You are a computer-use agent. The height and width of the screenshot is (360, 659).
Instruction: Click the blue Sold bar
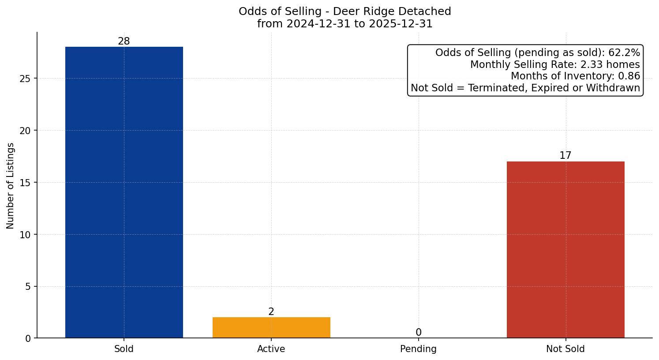[x=124, y=192]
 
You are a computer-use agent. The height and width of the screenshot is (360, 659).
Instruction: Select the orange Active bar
[x=271, y=327]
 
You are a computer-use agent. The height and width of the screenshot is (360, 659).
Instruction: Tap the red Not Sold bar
[x=565, y=249]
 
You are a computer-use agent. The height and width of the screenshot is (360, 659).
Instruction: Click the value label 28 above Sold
[x=124, y=41]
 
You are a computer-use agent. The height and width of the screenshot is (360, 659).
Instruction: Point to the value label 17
[x=565, y=156]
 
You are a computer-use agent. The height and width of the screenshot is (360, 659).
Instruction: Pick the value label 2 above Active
[x=271, y=312]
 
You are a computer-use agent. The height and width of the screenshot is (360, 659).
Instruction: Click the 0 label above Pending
[x=419, y=333]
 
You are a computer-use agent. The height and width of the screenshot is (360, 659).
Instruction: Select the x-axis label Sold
[x=124, y=349]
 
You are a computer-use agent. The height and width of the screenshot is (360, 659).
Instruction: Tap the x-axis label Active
[x=271, y=349]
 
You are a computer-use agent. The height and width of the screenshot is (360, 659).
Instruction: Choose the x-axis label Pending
[x=419, y=349]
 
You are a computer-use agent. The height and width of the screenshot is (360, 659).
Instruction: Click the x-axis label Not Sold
[x=565, y=349]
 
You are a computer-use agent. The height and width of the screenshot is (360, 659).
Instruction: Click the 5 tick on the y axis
[x=29, y=287]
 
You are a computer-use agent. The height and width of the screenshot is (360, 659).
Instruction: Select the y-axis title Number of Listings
[x=11, y=185]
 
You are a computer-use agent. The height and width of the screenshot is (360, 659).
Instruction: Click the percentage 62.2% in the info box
[x=624, y=53]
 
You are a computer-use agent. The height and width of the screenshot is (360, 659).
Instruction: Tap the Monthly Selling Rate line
[x=555, y=65]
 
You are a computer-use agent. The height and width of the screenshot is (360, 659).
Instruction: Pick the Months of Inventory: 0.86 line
[x=575, y=76]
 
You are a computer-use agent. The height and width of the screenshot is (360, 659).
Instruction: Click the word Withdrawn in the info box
[x=613, y=88]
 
